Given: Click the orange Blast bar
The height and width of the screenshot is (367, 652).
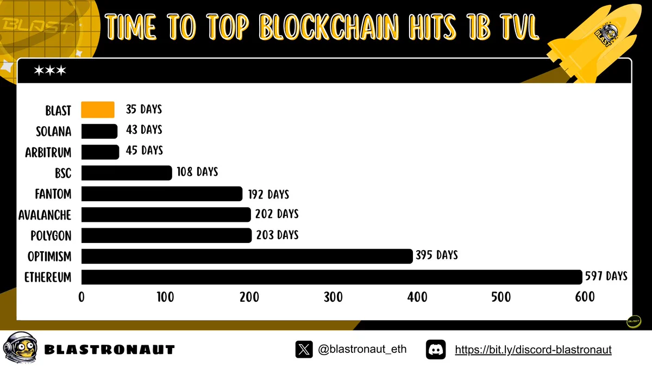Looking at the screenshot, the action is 98,109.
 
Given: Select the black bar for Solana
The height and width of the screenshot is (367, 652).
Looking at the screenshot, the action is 99,131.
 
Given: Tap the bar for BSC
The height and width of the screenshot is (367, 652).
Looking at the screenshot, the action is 127,173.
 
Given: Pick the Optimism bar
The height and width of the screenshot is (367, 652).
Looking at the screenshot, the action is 247,256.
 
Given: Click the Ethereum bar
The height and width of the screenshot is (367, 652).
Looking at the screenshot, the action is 332,277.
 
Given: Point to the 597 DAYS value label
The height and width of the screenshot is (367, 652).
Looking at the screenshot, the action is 606,276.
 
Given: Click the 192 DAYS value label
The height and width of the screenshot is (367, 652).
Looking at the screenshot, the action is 268,194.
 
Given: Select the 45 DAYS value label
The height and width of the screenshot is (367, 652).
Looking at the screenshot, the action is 144,150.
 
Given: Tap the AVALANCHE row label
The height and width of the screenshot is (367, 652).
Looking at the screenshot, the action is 45,215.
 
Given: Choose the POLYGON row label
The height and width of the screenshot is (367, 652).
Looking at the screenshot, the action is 51,235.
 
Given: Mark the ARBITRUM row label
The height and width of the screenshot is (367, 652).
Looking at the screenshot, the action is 48,152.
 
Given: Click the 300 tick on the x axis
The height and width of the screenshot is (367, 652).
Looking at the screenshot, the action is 333,297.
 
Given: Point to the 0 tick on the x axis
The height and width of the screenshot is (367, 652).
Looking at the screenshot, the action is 81,297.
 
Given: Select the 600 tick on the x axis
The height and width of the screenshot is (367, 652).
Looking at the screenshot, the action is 585,297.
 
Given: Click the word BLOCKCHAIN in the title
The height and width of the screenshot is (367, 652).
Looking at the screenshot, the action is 329,27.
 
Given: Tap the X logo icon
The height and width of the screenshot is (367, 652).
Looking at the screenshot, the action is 304,349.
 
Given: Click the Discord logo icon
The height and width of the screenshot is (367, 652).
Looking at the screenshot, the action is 436,349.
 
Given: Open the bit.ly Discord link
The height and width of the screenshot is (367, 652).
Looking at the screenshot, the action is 533,350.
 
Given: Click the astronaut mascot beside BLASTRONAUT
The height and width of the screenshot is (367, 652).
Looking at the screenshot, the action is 21,347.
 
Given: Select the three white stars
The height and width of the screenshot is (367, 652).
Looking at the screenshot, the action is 50,71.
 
